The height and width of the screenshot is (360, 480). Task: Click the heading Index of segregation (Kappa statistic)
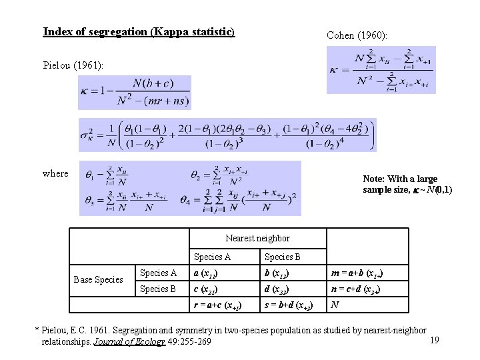(x=139, y=31)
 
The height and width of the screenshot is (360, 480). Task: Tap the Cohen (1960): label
(x=357, y=35)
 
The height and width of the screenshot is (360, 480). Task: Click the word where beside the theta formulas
(x=55, y=173)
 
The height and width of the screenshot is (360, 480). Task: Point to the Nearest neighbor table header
(x=257, y=238)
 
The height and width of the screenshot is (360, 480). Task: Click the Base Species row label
(x=98, y=279)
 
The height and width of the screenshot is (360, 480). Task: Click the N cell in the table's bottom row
(x=335, y=305)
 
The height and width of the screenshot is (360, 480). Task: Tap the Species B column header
(x=283, y=257)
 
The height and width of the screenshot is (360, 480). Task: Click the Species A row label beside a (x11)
(x=158, y=273)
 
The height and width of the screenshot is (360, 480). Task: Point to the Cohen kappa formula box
(x=381, y=70)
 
